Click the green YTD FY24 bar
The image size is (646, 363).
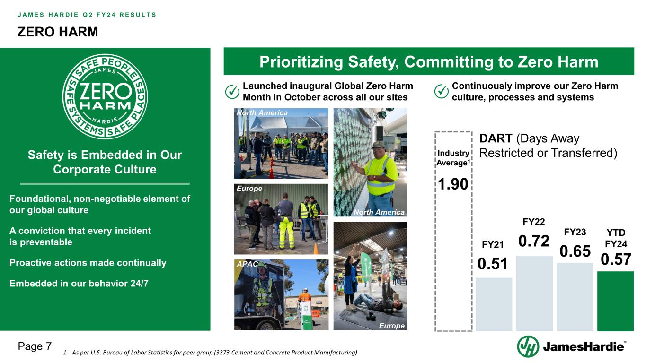tap(615, 301)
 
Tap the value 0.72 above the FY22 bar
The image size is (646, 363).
tap(534, 241)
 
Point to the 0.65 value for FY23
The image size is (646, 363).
tap(575, 251)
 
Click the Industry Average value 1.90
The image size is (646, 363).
tap(453, 183)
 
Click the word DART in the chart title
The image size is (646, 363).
tap(496, 139)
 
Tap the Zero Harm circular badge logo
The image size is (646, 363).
tap(105, 96)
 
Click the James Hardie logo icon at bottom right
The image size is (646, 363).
tap(528, 347)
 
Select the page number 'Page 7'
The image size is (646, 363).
tap(35, 346)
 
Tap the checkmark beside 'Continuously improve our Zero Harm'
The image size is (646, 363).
tap(441, 92)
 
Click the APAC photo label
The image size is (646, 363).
tap(247, 264)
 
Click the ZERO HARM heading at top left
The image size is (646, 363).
tap(58, 32)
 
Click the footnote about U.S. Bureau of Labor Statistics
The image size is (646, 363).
tap(210, 353)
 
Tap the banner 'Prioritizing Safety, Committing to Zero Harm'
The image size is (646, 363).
tap(428, 62)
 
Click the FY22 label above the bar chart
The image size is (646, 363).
tap(534, 222)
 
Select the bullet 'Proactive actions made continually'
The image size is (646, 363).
tap(88, 263)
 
